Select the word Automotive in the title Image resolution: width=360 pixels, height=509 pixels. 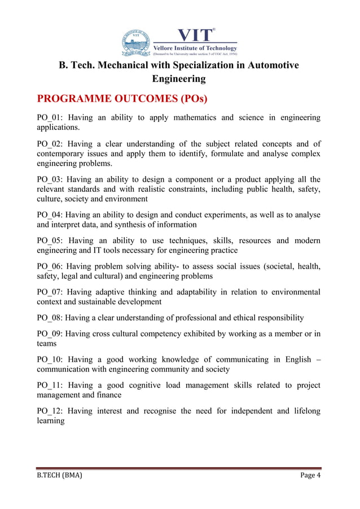271,65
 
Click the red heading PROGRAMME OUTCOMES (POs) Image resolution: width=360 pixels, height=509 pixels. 122,100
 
